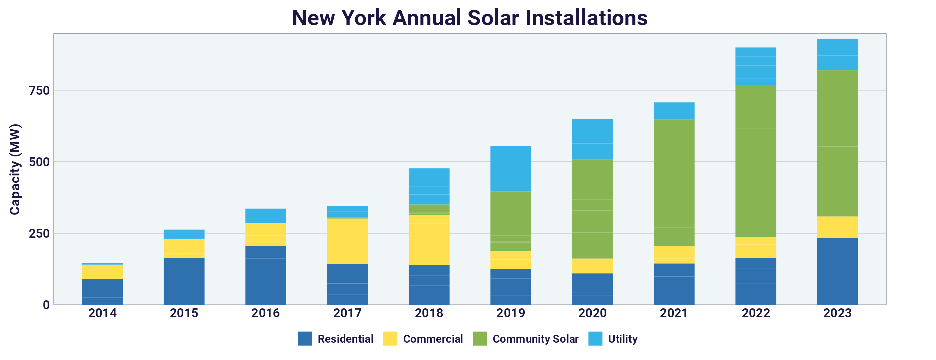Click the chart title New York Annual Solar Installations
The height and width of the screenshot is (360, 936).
pos(470,18)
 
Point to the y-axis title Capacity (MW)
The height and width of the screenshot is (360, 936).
pos(15,169)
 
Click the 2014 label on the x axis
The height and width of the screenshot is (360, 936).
pos(102,313)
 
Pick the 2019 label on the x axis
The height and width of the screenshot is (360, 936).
pos(511,313)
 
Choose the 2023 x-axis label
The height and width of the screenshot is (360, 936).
pos(837,313)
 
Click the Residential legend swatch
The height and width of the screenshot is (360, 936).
pos(305,339)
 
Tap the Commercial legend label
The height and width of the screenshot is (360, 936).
pos(433,339)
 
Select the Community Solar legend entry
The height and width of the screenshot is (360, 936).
pos(526,339)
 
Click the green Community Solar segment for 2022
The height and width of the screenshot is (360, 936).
pos(756,161)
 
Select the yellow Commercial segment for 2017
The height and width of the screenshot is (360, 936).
pos(347,241)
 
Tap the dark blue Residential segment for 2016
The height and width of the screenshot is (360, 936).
pos(266,275)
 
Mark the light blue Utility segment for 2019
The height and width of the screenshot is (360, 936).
pos(511,169)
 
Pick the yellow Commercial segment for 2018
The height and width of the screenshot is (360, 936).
pos(429,240)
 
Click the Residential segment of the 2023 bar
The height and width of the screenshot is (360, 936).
pos(837,271)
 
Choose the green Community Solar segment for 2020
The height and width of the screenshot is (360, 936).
pos(592,209)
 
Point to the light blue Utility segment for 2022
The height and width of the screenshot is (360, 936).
pos(756,66)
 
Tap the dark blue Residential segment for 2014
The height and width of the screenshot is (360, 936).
pos(102,292)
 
